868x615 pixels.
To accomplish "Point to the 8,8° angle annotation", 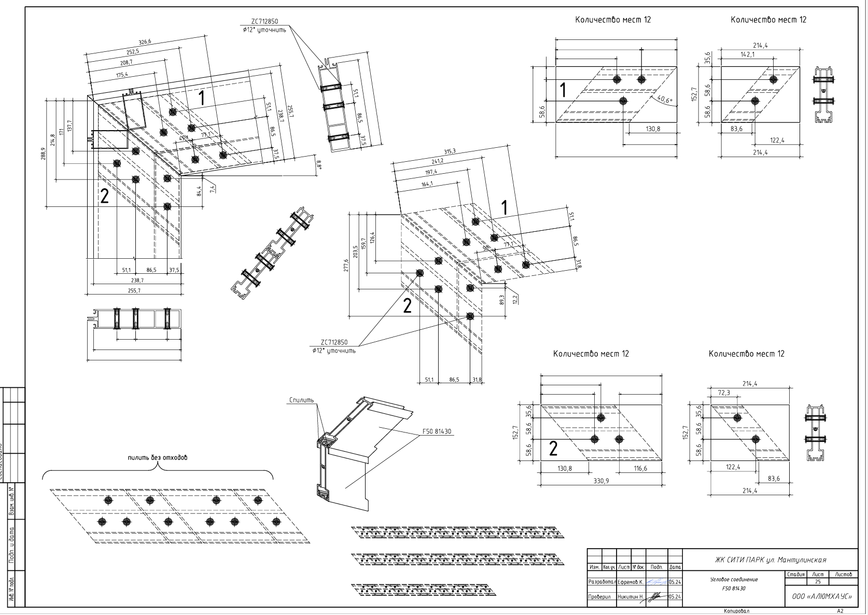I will pos(319,165).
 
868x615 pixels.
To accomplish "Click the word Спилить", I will pos(302,400).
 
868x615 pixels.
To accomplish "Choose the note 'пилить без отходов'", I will pos(158,458).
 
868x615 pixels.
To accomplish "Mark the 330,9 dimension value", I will pos(600,481).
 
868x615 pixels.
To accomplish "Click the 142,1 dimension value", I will pos(747,54).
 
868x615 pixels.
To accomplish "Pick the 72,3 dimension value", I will pos(724,393).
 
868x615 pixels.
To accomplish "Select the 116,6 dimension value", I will pos(640,468).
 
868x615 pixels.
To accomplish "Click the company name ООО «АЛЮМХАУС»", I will pos(822,597).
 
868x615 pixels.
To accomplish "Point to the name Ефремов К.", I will pos(631,582).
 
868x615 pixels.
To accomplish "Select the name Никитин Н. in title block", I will pos(631,597).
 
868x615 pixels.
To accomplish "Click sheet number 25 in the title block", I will pos(818,582).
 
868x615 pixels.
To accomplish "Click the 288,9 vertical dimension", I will pos(44,154).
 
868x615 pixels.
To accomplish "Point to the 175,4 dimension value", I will pos(122,75).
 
